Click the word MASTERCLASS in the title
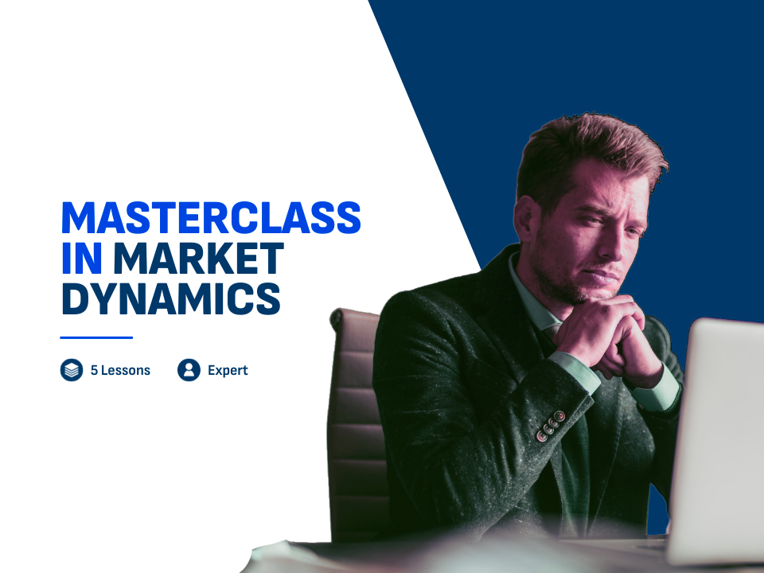211,217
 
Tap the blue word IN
81,258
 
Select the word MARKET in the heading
198,258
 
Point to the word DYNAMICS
171,298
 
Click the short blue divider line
96,337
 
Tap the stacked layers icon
72,370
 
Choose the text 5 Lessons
120,370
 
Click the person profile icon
189,370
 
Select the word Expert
228,371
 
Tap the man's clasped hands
611,336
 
